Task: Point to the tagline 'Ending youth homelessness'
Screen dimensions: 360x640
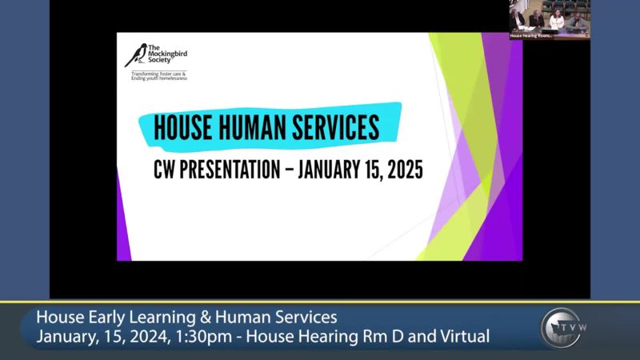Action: point(159,79)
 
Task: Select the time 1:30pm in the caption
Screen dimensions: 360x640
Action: point(215,336)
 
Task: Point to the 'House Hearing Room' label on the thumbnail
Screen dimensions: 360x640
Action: point(531,36)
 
